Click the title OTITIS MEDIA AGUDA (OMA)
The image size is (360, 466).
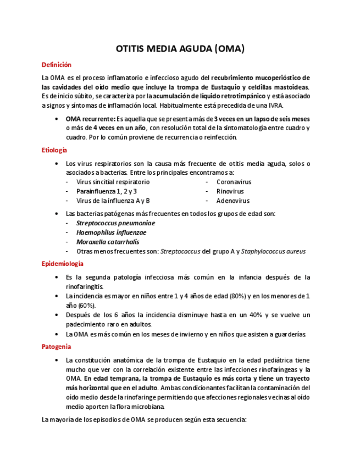tap(180, 48)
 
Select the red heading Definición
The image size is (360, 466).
tap(57, 65)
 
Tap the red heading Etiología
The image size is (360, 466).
tap(54, 150)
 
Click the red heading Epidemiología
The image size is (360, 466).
tap(63, 264)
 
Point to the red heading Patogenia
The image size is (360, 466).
tap(56, 347)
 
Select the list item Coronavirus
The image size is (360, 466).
tap(234, 182)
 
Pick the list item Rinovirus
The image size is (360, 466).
tap(230, 191)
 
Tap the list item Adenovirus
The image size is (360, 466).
tap(232, 201)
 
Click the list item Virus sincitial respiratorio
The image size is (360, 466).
tap(113, 182)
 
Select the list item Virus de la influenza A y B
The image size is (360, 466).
tap(113, 201)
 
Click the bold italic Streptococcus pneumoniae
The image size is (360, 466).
tap(115, 223)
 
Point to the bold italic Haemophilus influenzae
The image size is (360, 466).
tap(111, 232)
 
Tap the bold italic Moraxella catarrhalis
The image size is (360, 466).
tap(108, 242)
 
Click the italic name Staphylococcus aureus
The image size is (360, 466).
tap(273, 251)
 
